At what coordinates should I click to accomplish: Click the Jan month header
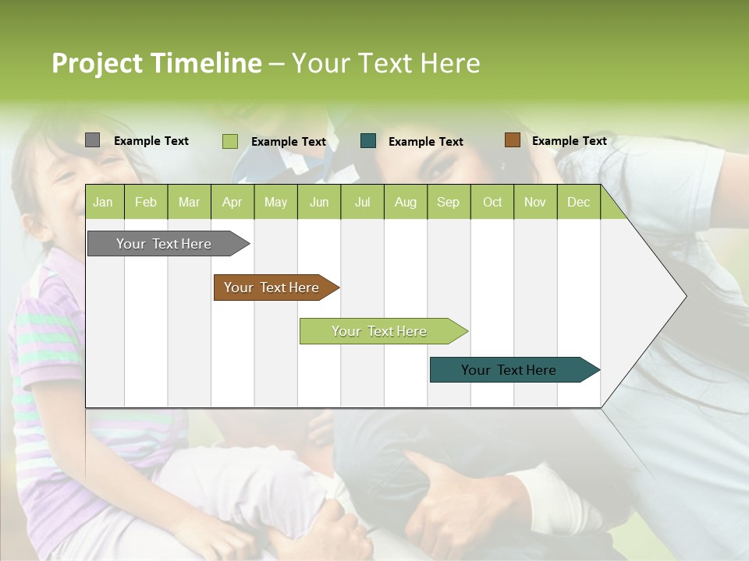tap(104, 202)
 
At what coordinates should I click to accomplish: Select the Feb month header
tap(146, 202)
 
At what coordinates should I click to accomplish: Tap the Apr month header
tap(232, 202)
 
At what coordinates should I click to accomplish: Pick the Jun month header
tap(319, 202)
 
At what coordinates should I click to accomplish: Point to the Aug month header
tap(405, 202)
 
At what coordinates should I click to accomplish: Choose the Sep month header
tap(448, 202)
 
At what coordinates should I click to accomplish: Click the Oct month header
tap(492, 202)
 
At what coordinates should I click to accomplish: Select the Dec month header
tap(578, 202)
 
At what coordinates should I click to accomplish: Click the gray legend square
tap(92, 140)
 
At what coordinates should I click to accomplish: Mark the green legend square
tap(230, 141)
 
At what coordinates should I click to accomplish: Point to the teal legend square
tap(368, 141)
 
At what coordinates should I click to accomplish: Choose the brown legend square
tap(512, 140)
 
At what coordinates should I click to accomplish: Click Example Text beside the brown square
tap(569, 140)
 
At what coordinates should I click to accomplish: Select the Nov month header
tap(535, 202)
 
